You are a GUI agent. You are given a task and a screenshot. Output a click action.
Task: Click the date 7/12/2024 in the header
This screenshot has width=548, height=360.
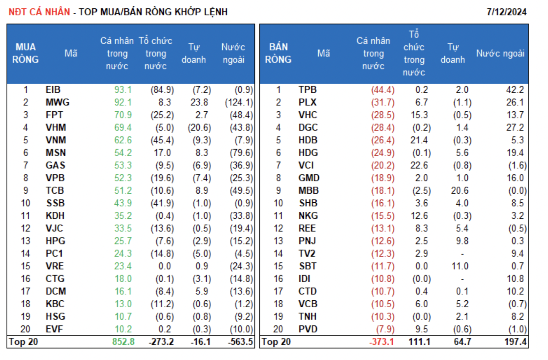click(x=506, y=12)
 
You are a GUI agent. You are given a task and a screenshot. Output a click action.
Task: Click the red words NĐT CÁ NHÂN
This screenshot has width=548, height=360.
click(x=39, y=12)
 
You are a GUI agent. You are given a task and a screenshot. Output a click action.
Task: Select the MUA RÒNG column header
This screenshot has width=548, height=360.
click(x=25, y=53)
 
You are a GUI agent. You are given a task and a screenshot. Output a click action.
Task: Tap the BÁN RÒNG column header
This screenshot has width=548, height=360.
click(x=278, y=53)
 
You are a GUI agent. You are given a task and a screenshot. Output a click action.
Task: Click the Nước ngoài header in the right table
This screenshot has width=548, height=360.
click(x=500, y=53)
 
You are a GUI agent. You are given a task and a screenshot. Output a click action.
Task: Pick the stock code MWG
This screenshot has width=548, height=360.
click(x=57, y=103)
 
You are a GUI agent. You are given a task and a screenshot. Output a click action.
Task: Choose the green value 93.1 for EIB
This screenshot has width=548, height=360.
click(x=123, y=90)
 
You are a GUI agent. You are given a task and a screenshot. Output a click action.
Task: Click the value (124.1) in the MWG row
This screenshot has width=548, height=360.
click(x=239, y=103)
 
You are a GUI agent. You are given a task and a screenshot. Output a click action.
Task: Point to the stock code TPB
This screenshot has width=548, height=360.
click(x=307, y=90)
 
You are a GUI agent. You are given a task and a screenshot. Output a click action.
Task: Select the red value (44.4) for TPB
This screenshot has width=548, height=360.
click(x=383, y=90)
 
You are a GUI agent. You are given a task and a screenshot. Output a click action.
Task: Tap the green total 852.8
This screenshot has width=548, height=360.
click(x=123, y=342)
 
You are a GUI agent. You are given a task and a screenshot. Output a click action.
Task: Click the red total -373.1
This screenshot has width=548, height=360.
click(x=382, y=342)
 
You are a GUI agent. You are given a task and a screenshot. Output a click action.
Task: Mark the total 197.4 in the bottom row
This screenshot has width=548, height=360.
click(x=515, y=342)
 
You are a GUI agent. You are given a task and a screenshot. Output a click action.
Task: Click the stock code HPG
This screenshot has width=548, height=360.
click(x=55, y=241)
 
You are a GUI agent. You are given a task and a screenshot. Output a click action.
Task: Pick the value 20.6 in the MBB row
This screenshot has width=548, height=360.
click(x=459, y=191)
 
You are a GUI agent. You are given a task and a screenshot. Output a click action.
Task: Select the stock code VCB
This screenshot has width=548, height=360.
click(x=308, y=304)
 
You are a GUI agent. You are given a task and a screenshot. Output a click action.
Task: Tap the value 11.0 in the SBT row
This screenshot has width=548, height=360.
click(x=460, y=267)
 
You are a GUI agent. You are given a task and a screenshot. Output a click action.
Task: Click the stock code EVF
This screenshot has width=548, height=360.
click(x=54, y=329)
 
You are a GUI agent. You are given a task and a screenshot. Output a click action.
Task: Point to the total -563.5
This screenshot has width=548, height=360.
click(x=240, y=342)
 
